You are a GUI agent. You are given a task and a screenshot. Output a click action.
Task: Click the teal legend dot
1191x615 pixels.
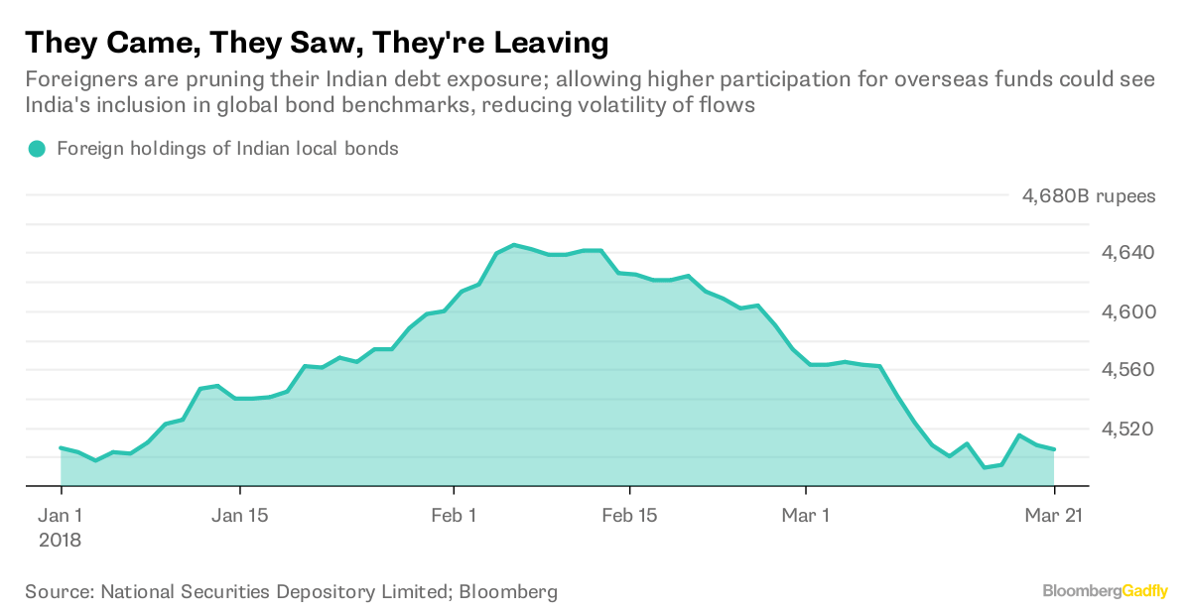pyautogui.click(x=37, y=150)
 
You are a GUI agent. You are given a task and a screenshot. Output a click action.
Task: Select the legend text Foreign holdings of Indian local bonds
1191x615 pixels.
pyautogui.click(x=227, y=150)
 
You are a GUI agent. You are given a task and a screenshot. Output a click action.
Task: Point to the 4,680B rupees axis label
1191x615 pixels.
pyautogui.click(x=1088, y=195)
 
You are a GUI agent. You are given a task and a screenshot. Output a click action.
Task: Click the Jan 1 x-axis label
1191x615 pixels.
pyautogui.click(x=62, y=516)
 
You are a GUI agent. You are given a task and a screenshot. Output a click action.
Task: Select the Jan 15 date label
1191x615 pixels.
pyautogui.click(x=240, y=516)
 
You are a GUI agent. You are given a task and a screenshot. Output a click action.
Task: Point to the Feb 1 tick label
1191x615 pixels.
pyautogui.click(x=454, y=516)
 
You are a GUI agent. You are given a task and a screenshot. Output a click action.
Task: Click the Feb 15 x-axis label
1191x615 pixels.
pyautogui.click(x=630, y=516)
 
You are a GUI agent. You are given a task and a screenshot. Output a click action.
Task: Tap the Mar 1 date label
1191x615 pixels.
pyautogui.click(x=807, y=516)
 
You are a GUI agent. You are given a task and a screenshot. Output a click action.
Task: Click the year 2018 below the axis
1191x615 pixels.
pyautogui.click(x=62, y=542)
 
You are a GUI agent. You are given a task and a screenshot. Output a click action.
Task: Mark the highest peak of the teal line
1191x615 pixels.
pyautogui.click(x=513, y=244)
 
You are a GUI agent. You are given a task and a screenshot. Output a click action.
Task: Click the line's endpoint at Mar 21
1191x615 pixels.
pyautogui.click(x=1054, y=449)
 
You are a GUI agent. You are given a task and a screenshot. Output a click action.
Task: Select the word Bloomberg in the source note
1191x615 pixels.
pyautogui.click(x=510, y=592)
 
